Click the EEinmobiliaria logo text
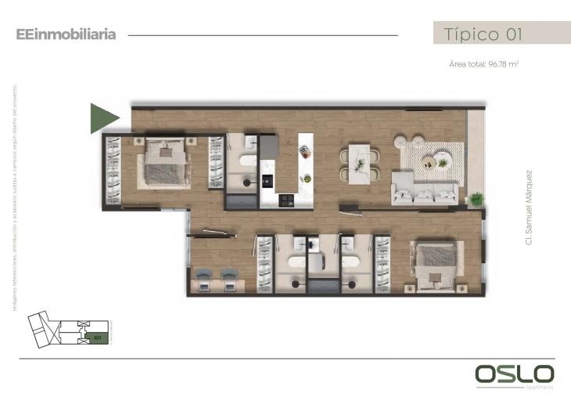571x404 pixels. (x=66, y=34)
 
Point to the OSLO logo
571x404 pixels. (x=515, y=374)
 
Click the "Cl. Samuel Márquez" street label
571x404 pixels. (x=530, y=208)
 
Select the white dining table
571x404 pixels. (x=359, y=163)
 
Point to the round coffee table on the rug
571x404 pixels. (x=430, y=163)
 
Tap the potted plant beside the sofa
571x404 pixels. (x=476, y=199)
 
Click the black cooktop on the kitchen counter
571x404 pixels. (x=288, y=199)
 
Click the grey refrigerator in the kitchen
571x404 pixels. (x=268, y=145)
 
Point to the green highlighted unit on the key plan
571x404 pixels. (x=98, y=338)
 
